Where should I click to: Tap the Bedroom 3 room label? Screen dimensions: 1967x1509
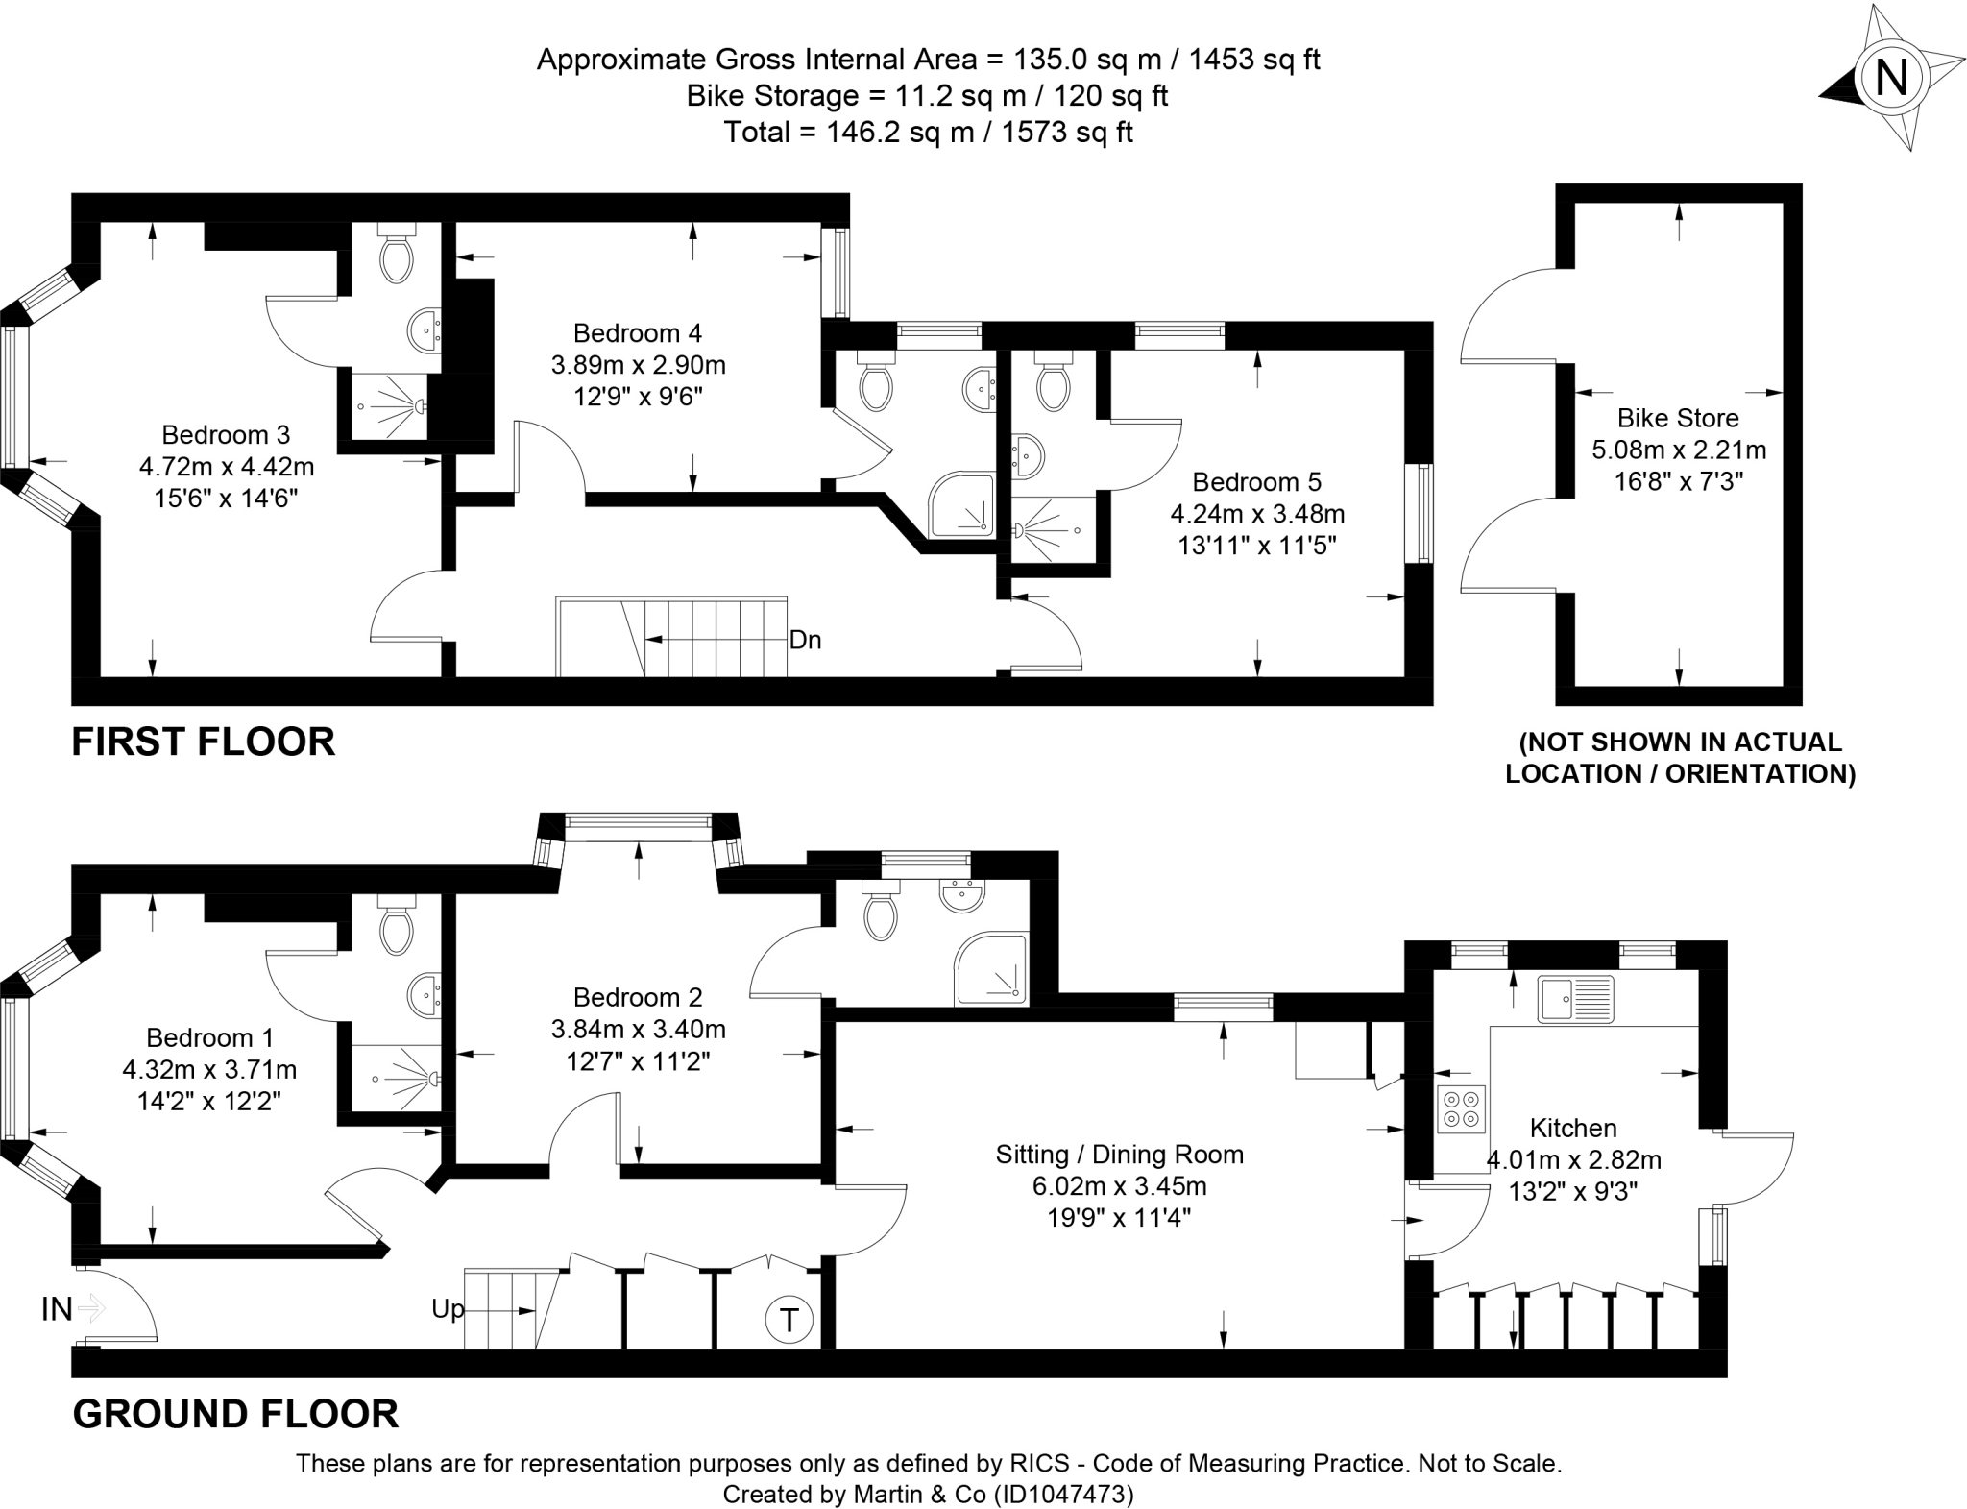coord(226,435)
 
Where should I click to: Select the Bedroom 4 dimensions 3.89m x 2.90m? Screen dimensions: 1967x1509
coord(638,365)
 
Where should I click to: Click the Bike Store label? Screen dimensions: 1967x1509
coord(1678,418)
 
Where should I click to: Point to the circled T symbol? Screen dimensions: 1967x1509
coord(789,1319)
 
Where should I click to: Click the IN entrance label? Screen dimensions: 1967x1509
coord(57,1308)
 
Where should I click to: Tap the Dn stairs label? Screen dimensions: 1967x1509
coord(805,640)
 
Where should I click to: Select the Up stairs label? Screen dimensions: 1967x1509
coord(448,1309)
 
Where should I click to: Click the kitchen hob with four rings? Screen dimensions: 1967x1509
coord(1461,1109)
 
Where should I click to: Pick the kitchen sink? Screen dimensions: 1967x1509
coord(1575,998)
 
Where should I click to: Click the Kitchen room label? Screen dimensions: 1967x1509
coord(1573,1128)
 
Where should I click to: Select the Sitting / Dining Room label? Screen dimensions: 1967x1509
coord(1120,1154)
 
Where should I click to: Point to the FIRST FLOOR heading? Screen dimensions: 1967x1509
coord(204,742)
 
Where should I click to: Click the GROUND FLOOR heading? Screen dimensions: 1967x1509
coord(235,1414)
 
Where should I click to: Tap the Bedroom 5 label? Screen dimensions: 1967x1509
coord(1257,481)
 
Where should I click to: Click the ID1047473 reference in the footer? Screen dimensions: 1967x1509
coord(1063,1495)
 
